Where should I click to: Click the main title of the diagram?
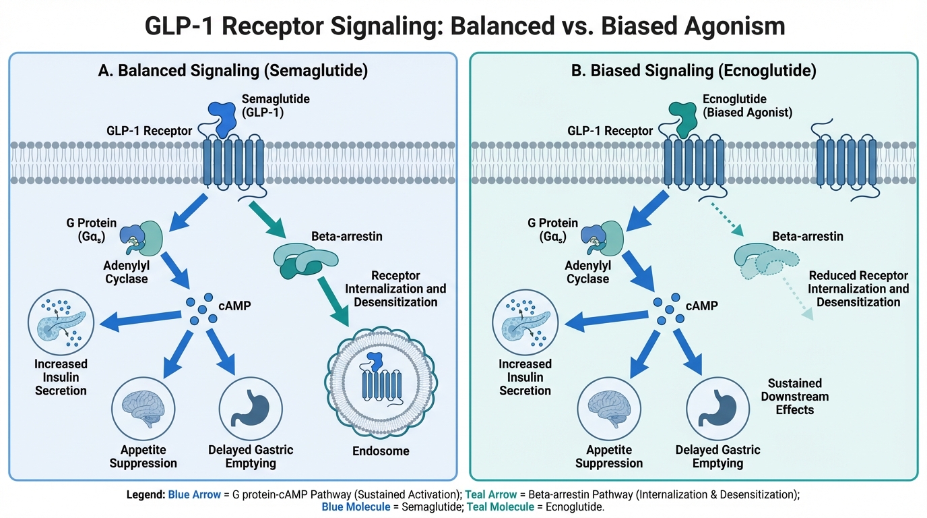tap(464, 26)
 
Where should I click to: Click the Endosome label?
tap(381, 451)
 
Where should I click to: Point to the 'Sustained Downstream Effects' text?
tap(795, 395)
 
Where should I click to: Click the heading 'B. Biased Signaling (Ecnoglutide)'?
tap(695, 71)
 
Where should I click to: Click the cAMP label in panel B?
tap(703, 306)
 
